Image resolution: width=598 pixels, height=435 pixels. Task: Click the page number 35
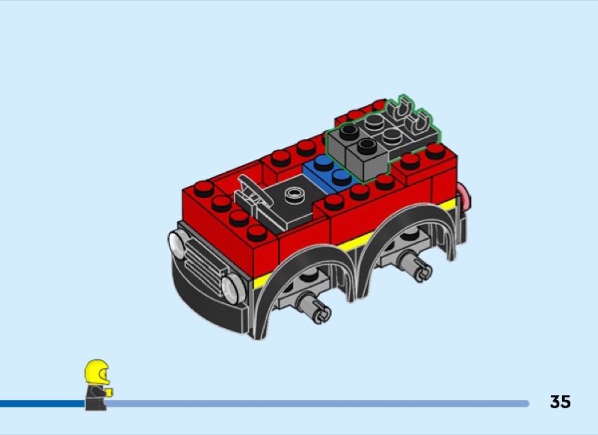(560, 402)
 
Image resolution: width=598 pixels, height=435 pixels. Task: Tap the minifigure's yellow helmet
(97, 371)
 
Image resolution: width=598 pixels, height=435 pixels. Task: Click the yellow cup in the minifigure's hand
(109, 392)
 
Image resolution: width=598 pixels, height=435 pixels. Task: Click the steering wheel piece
(251, 194)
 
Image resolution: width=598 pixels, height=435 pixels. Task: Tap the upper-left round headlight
(177, 244)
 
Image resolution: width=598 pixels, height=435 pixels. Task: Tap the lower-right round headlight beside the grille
(233, 289)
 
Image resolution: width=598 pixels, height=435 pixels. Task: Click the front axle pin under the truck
(313, 308)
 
